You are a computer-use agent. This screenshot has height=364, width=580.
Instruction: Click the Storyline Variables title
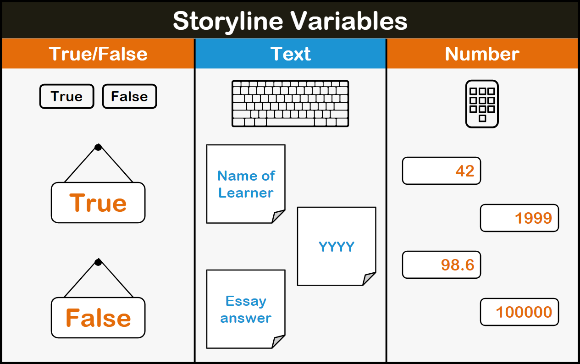point(290,21)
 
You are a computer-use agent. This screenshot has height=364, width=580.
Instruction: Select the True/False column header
point(98,54)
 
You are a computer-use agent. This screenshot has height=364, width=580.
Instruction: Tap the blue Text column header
point(290,54)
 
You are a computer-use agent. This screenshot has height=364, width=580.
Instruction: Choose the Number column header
point(482,54)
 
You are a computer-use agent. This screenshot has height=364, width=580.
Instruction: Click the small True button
point(66,96)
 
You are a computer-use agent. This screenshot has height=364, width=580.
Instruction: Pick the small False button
point(129,96)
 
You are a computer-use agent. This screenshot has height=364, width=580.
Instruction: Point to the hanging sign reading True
point(98,203)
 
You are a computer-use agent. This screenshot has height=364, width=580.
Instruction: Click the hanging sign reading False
point(98,318)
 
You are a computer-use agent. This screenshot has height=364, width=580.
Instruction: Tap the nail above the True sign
point(98,147)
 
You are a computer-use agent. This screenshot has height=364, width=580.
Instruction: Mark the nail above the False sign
point(98,262)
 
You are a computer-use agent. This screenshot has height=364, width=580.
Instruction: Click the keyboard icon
point(290,104)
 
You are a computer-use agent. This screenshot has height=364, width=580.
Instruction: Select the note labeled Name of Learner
point(246,184)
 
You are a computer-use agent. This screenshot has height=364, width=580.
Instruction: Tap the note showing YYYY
point(337,246)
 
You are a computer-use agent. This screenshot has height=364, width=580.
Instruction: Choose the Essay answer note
point(246,309)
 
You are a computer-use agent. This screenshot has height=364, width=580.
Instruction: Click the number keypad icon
point(482,104)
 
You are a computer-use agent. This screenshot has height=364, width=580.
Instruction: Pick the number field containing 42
point(441,171)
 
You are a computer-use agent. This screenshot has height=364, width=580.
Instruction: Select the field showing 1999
point(519,218)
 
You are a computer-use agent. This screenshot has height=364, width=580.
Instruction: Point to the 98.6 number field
point(441,265)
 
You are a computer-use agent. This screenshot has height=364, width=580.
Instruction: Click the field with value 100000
point(519,312)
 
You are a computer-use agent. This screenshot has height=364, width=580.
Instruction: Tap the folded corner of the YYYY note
point(369,279)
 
